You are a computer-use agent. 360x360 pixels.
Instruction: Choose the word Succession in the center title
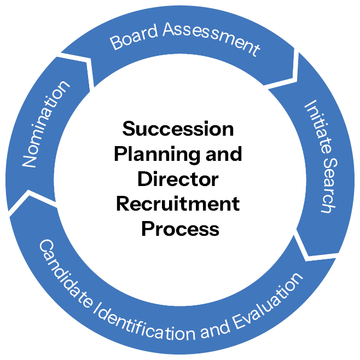coord(178,129)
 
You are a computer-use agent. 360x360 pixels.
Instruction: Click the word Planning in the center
coord(154,154)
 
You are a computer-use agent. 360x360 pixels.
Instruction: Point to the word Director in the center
coord(178,179)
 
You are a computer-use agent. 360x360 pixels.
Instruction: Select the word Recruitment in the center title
coord(178,204)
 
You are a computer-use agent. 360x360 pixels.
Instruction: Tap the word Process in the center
coord(180,228)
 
